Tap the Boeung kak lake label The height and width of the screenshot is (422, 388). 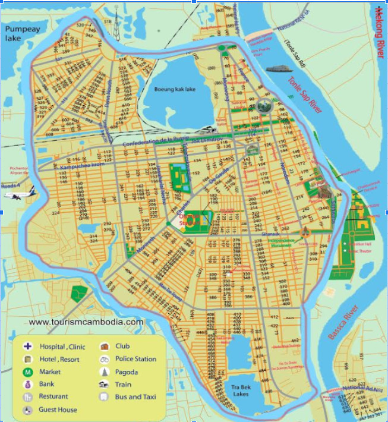click(175, 89)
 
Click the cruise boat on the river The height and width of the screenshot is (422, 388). click(280, 68)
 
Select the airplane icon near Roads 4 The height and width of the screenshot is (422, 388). click(26, 194)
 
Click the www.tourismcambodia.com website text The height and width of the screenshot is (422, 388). click(86, 322)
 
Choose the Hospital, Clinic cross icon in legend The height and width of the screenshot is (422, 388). click(27, 347)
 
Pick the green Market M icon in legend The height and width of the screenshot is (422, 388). click(27, 372)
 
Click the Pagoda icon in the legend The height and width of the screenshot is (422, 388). click(105, 372)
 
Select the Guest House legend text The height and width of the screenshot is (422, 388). click(58, 410)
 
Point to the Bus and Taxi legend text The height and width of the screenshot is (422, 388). click(135, 396)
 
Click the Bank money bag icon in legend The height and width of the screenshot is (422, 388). click(27, 385)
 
